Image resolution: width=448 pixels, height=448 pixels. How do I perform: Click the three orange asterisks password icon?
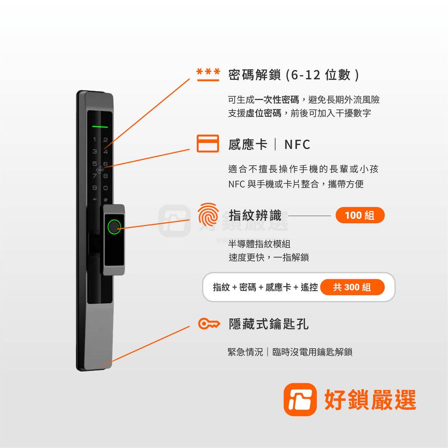click(x=208, y=75)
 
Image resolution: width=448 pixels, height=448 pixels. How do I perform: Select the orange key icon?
click(x=209, y=324)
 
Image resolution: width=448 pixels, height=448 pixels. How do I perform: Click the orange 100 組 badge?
click(x=360, y=215)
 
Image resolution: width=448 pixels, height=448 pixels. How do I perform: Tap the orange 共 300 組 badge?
click(x=352, y=287)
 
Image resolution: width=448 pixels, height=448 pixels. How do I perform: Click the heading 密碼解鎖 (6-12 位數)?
click(x=294, y=75)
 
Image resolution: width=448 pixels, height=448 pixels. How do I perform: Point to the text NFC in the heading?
click(x=297, y=144)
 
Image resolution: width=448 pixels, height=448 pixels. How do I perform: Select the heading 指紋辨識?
click(x=255, y=215)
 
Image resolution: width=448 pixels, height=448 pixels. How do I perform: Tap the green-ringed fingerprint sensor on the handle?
click(x=114, y=227)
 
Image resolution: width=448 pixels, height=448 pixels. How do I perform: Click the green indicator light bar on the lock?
click(x=100, y=127)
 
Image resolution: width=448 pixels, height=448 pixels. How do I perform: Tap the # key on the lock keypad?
click(x=105, y=199)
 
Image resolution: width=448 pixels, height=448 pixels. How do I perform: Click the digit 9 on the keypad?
click(x=94, y=188)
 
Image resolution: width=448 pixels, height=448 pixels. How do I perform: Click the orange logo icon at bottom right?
click(x=300, y=399)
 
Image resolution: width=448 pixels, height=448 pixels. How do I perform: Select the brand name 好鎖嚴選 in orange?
click(x=370, y=399)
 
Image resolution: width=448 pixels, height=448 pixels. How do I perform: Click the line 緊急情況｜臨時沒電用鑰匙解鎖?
click(x=290, y=352)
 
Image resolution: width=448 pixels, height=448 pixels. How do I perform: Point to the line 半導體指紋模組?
click(x=259, y=244)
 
